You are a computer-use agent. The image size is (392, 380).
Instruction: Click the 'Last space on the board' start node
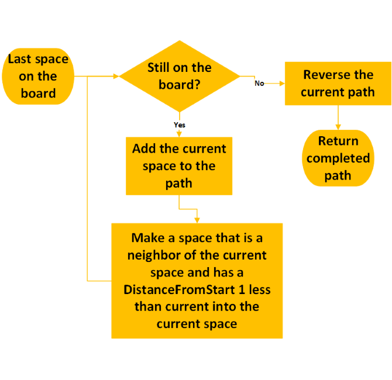(x=38, y=76)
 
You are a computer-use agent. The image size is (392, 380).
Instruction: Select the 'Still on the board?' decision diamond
(x=180, y=76)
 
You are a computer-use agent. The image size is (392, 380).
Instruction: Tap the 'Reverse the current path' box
(x=338, y=84)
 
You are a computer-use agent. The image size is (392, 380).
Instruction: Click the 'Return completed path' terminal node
(x=338, y=158)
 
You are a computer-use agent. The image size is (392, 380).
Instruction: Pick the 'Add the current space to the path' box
(x=179, y=166)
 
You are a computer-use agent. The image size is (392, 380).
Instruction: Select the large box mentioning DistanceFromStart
(x=197, y=281)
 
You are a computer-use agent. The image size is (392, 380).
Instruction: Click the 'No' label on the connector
(x=259, y=84)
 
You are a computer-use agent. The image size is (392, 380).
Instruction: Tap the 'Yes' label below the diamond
(x=180, y=125)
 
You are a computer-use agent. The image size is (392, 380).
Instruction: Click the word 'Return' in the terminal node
(x=338, y=141)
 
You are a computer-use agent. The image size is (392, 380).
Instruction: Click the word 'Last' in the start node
(x=20, y=59)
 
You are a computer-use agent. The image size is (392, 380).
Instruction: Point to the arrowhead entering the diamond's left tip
(x=115, y=76)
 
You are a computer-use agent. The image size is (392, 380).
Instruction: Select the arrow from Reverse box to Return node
(x=338, y=118)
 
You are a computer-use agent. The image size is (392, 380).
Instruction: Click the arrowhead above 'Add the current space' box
(x=179, y=134)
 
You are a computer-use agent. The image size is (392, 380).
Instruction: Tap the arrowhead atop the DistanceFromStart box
(x=197, y=220)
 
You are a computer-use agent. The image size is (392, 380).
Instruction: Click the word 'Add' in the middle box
(x=144, y=148)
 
